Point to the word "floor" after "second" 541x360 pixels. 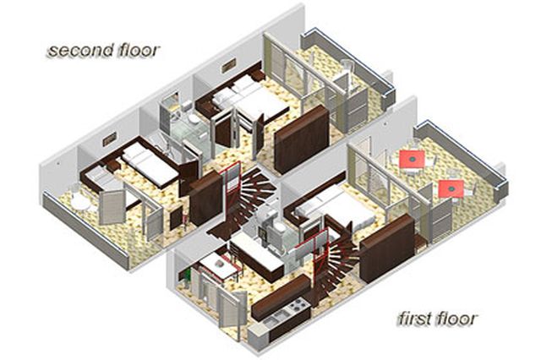(139, 51)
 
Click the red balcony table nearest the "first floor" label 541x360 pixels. (451, 188)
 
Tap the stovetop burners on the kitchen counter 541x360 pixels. (297, 304)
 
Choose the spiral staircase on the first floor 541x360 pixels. (331, 262)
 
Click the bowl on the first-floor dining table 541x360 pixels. (219, 264)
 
